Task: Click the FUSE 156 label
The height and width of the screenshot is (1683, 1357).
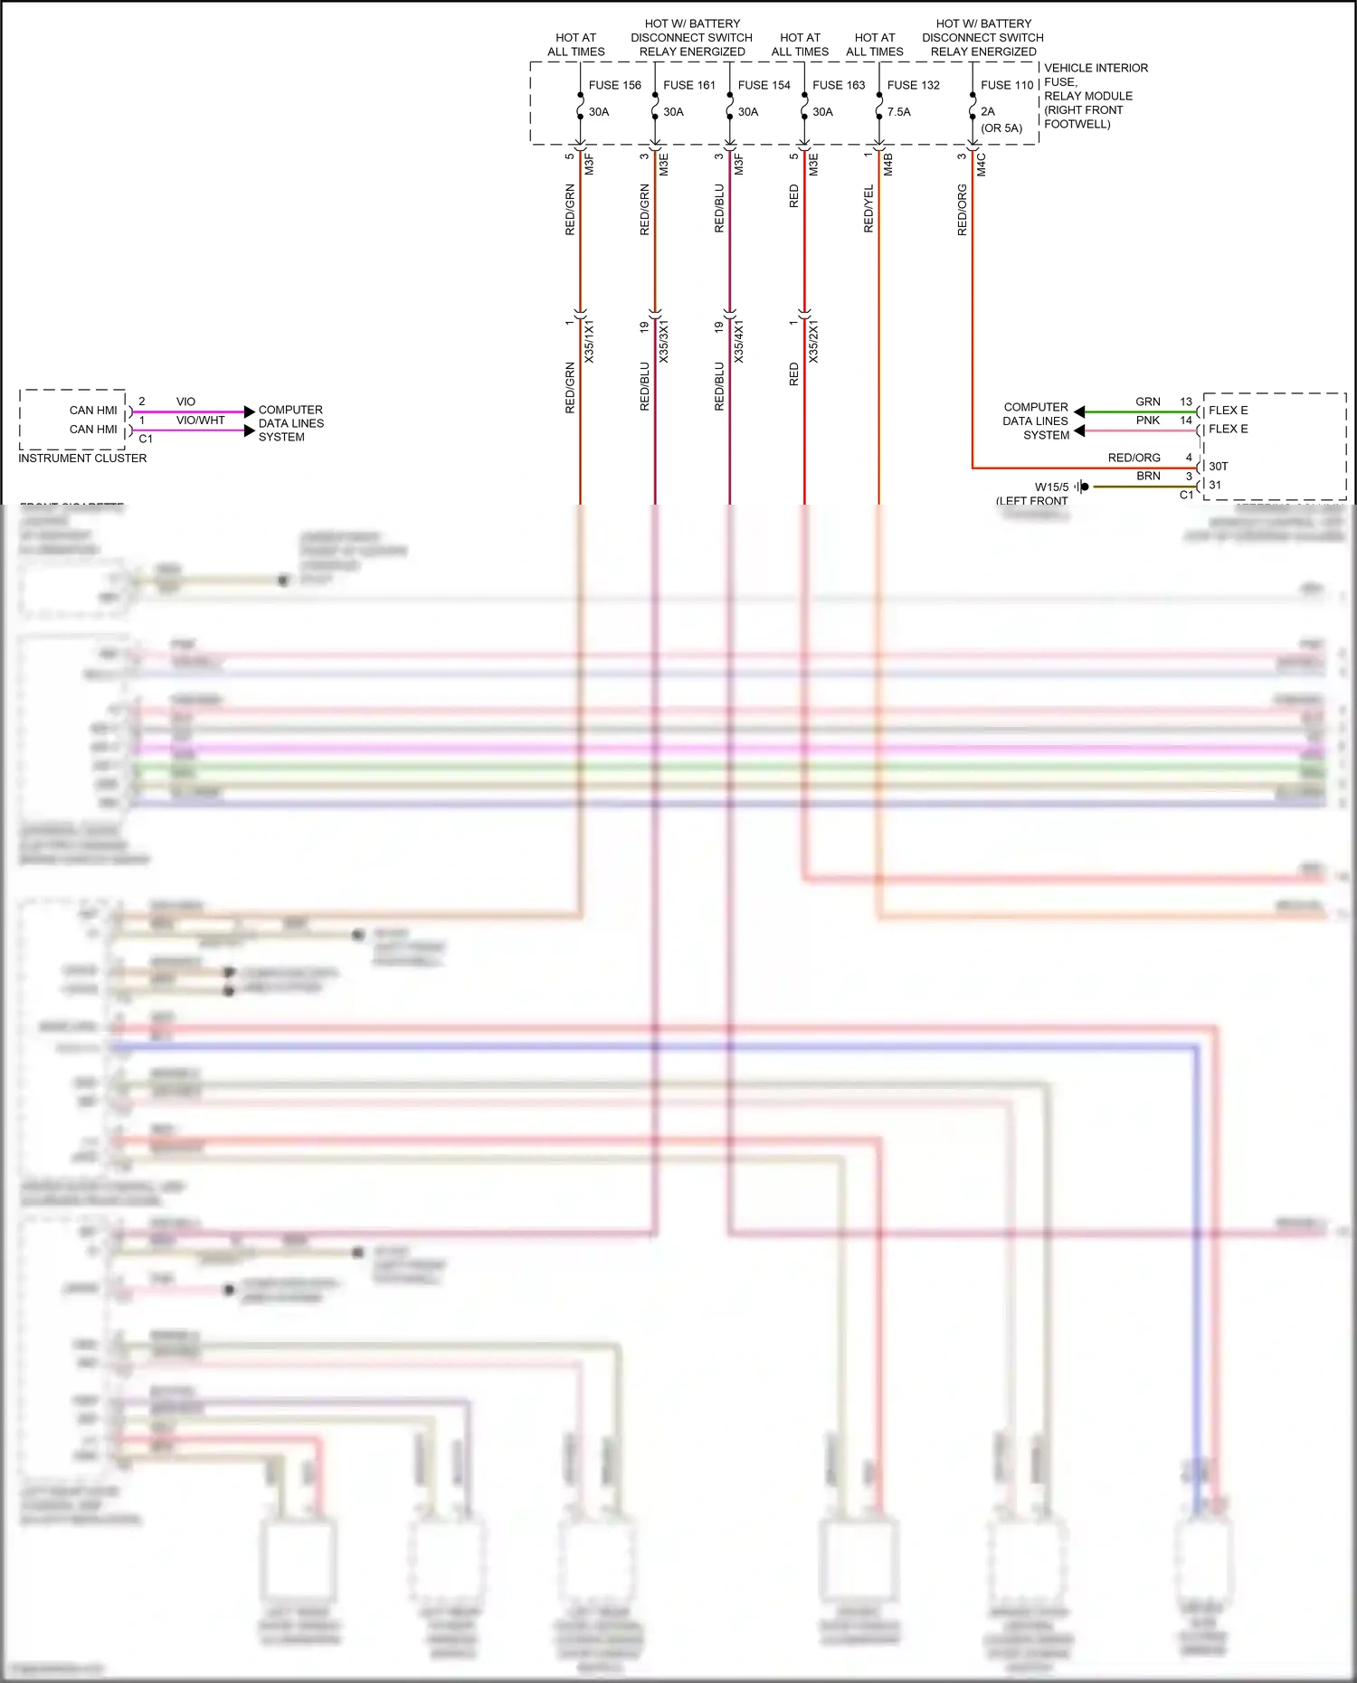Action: pos(614,85)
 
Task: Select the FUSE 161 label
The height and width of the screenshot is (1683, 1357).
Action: pos(689,85)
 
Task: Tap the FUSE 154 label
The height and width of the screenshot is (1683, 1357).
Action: pos(764,85)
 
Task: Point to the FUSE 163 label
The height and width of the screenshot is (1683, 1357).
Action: pos(839,85)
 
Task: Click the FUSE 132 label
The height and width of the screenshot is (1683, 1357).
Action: pos(914,85)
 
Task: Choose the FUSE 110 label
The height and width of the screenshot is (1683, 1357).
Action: pos(1007,85)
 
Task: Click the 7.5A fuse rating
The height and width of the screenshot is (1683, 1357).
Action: pos(899,112)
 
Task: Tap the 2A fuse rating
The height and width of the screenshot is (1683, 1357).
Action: pos(988,112)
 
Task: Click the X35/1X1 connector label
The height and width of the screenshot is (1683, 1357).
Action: pos(589,341)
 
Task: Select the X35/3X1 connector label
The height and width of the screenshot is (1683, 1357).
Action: pos(664,341)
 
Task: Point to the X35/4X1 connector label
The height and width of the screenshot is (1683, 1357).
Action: pos(739,341)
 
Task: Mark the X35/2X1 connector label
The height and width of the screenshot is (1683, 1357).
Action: pos(813,341)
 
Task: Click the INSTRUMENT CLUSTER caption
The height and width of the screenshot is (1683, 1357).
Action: pos(82,459)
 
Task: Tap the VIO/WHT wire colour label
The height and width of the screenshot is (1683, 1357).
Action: pos(200,421)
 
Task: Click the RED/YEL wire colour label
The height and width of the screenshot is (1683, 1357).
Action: pos(869,209)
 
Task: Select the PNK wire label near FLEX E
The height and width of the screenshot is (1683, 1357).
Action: pos(1148,421)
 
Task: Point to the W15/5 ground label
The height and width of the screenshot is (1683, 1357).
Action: pos(1051,487)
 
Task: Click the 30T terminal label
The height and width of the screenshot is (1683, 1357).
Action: pos(1219,467)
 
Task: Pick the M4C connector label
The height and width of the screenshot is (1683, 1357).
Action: pos(982,164)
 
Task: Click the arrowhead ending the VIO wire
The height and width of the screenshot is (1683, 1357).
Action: pos(250,411)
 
